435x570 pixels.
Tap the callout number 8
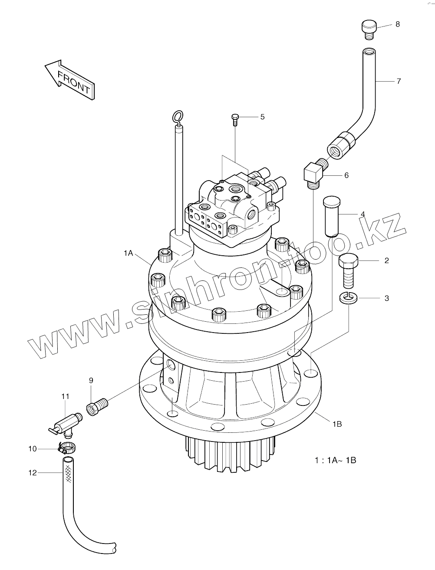(397, 24)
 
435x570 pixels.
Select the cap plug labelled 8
(369, 29)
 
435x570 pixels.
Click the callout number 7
(399, 81)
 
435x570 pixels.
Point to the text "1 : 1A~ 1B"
(335, 460)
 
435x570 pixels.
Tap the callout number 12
(33, 473)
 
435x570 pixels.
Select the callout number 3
(386, 298)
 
